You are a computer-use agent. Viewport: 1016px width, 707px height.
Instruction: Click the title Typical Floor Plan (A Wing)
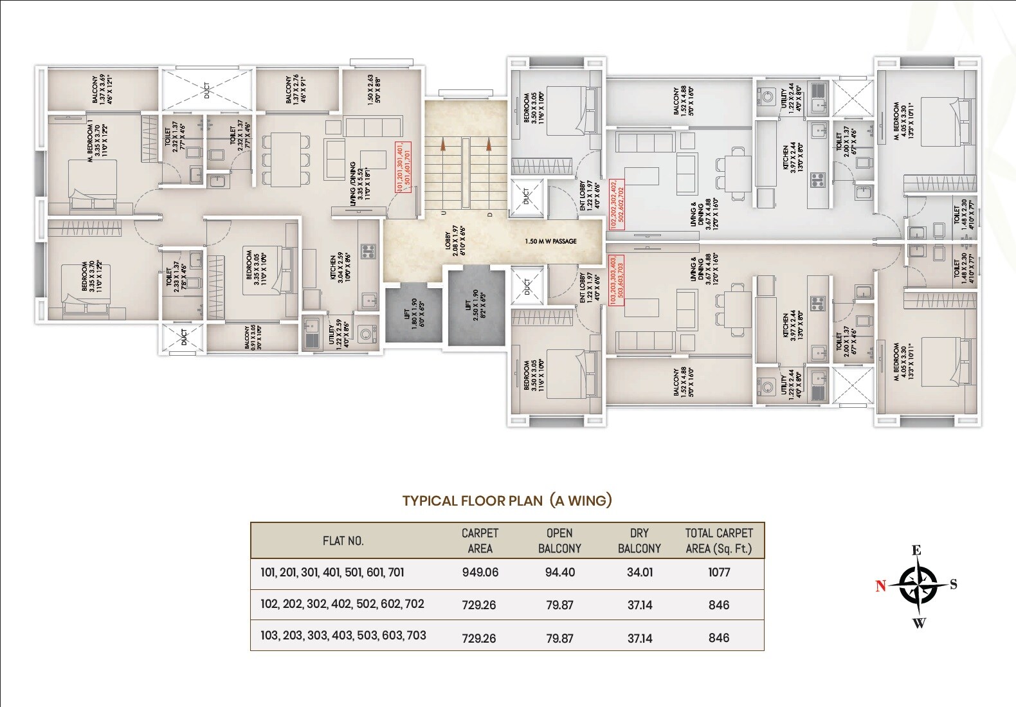click(507, 500)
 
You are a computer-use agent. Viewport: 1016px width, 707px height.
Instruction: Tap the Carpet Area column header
click(480, 540)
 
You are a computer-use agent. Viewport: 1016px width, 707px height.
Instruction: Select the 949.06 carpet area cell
click(480, 573)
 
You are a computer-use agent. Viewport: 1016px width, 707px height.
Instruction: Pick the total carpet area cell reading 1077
click(719, 573)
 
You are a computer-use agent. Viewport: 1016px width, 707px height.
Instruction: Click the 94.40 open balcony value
click(559, 573)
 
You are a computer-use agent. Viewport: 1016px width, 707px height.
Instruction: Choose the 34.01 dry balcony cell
click(639, 573)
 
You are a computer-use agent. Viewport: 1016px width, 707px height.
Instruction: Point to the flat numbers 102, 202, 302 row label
click(342, 604)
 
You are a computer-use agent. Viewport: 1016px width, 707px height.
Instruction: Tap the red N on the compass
click(880, 585)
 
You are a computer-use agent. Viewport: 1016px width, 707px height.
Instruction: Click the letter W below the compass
click(919, 623)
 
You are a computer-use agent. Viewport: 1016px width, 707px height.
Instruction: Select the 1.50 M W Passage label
click(550, 241)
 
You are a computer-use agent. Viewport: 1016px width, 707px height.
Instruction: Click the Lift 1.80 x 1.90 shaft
click(413, 313)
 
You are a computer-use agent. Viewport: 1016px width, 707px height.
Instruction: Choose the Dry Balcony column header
click(639, 540)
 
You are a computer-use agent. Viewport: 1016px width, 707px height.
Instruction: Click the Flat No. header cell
click(343, 541)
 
